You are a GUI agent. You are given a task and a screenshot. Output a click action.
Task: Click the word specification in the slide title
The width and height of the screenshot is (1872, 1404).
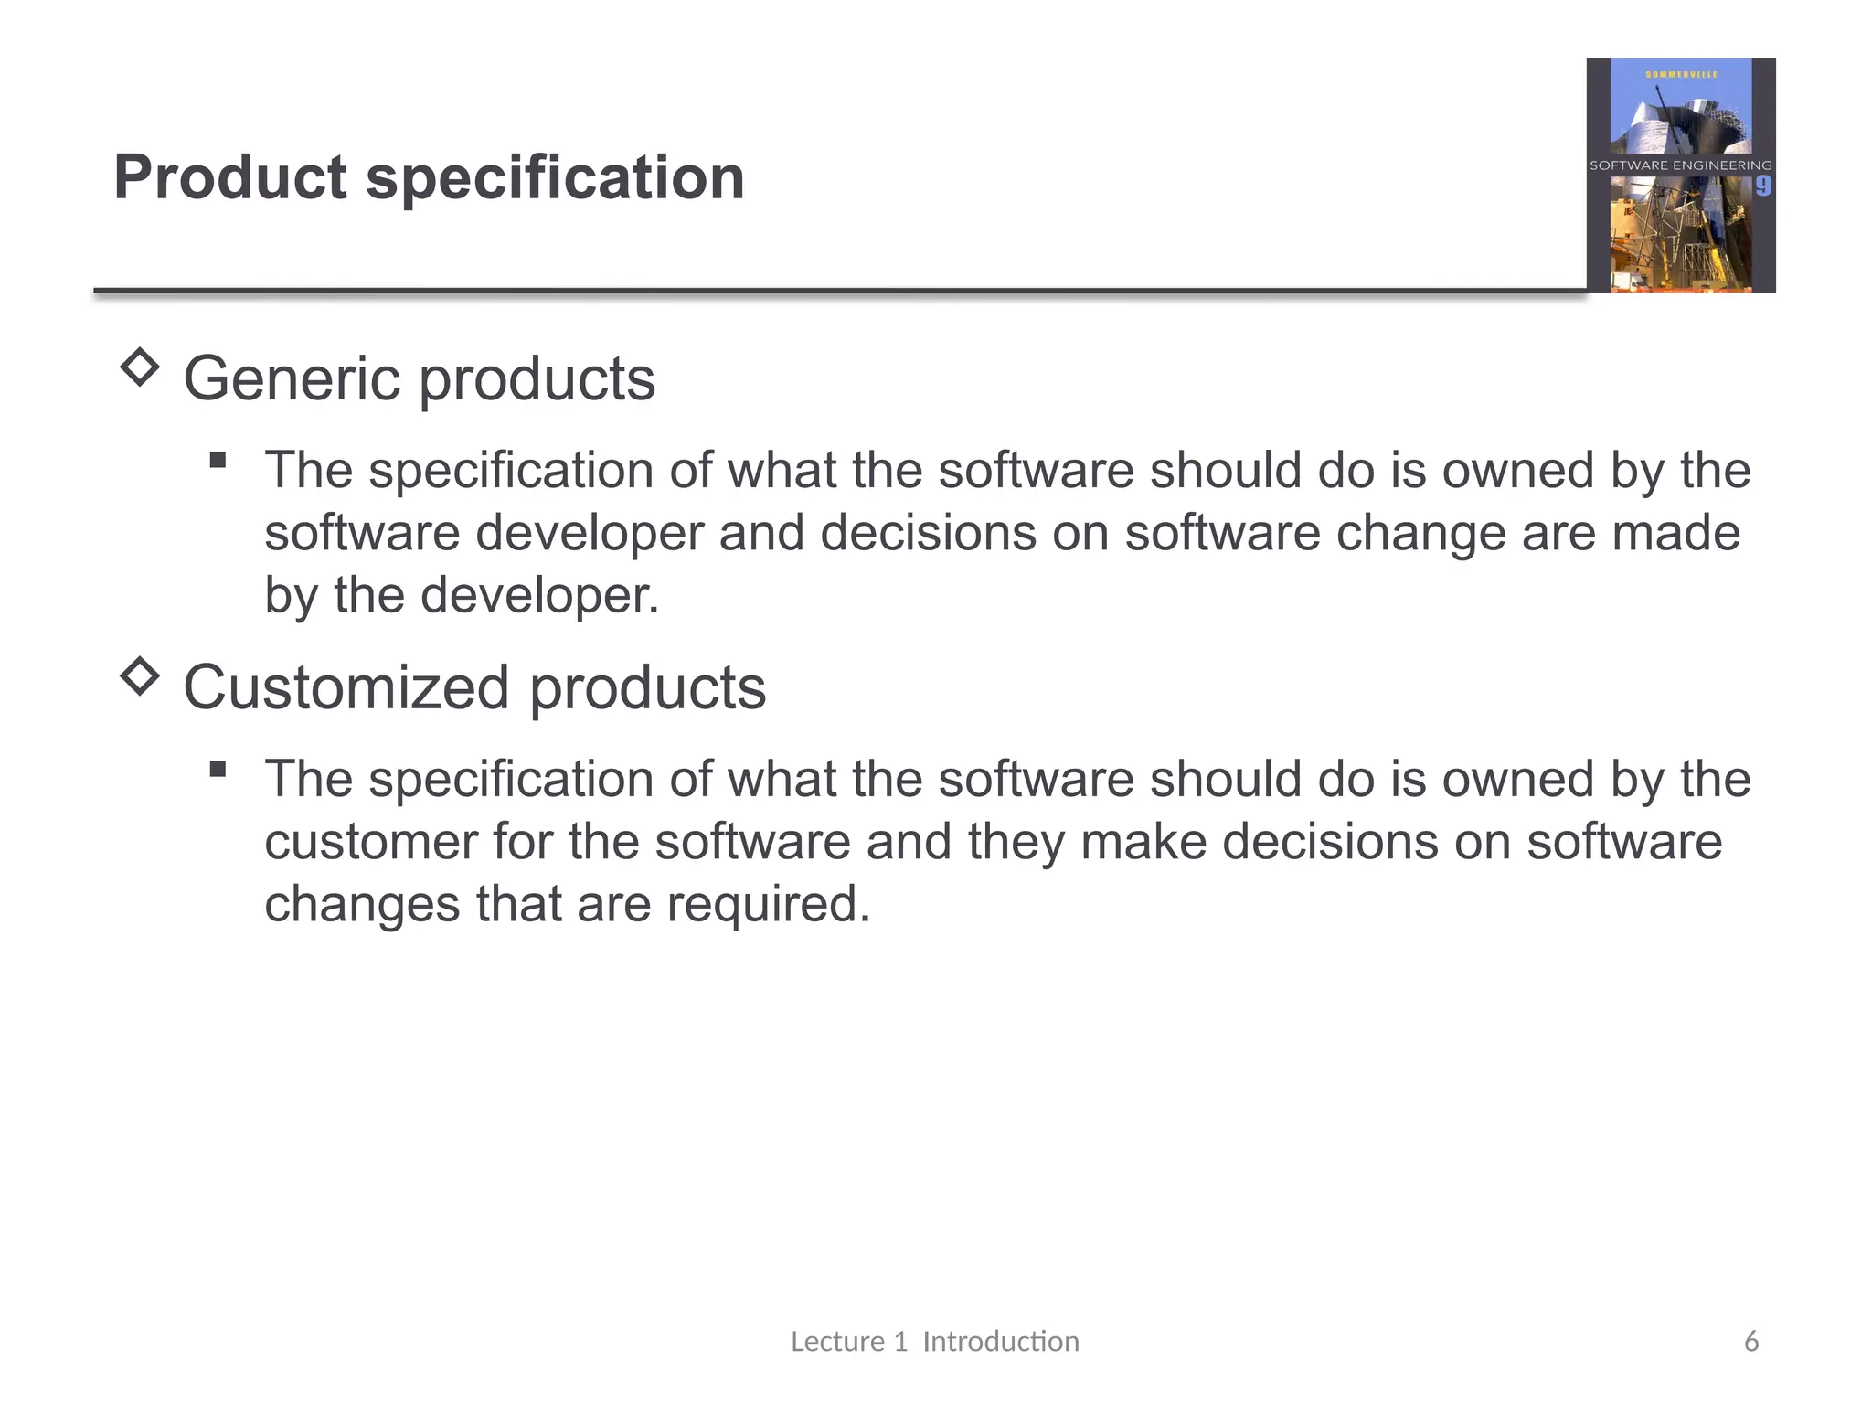click(555, 177)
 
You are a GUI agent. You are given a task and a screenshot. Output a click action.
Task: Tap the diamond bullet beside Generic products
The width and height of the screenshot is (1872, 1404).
click(140, 367)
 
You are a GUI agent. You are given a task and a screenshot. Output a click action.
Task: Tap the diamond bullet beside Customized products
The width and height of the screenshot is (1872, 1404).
click(140, 676)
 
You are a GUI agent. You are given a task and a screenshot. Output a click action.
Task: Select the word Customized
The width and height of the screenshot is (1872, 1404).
click(346, 687)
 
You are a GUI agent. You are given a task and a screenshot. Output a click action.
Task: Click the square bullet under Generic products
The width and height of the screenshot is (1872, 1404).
click(218, 460)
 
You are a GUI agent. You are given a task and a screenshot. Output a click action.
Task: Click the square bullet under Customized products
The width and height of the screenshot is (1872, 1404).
click(218, 769)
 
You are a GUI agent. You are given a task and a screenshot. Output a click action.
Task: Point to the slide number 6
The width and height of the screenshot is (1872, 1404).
click(1750, 1341)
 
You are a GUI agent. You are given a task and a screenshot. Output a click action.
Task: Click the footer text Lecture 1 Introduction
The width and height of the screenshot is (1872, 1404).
click(934, 1341)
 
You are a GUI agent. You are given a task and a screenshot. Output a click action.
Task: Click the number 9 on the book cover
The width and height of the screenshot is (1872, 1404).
click(1762, 186)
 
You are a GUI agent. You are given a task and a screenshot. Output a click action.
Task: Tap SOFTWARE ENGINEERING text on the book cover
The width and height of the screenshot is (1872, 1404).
click(1680, 165)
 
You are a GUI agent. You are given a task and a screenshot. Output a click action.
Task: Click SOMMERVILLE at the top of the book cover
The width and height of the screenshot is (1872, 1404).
click(1681, 74)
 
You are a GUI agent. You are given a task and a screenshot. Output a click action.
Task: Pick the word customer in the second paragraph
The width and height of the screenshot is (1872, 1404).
click(370, 842)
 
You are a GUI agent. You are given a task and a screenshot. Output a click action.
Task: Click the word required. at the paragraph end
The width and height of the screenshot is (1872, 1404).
click(769, 904)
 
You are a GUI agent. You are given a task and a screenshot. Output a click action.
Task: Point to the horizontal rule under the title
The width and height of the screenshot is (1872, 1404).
click(823, 292)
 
